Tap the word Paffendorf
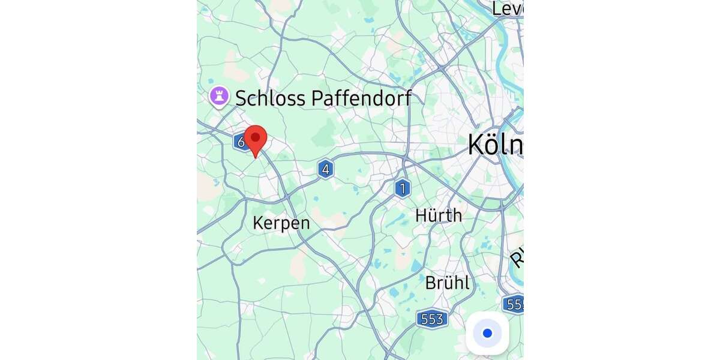(352, 98)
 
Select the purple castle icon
(219, 95)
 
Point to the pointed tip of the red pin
(256, 158)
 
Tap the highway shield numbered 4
(325, 169)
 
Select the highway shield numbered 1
(403, 188)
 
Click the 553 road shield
(432, 319)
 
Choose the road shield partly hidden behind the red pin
(240, 142)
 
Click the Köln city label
(495, 145)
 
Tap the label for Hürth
(439, 215)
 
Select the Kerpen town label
(281, 223)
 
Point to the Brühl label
(447, 283)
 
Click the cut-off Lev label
(508, 8)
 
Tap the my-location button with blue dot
(487, 333)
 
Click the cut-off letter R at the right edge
(517, 258)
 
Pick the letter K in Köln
(475, 145)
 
